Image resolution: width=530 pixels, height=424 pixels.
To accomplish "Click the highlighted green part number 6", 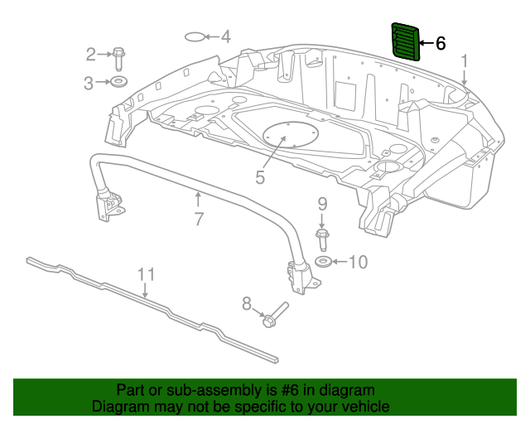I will [x=405, y=41].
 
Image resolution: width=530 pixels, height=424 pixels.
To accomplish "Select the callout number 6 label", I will [x=441, y=43].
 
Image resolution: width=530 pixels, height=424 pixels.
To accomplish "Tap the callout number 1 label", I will [x=465, y=60].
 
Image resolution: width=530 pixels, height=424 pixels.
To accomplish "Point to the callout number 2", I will [x=91, y=55].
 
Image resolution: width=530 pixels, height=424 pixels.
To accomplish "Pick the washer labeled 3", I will [x=119, y=82].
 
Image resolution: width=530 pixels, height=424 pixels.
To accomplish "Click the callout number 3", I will [x=89, y=82].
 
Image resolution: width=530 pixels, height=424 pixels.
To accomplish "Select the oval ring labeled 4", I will [x=193, y=36].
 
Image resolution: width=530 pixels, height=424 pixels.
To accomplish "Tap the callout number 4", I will [x=224, y=36].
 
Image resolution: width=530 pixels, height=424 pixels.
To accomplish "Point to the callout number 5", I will [x=260, y=176].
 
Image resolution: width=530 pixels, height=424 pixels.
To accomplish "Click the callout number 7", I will [x=199, y=219].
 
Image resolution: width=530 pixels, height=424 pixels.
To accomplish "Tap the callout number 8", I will [x=247, y=305].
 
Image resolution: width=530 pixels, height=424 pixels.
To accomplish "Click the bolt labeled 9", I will [x=322, y=239].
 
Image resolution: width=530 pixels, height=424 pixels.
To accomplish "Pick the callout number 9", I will [x=322, y=204].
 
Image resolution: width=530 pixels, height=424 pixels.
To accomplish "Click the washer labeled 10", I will [x=325, y=263].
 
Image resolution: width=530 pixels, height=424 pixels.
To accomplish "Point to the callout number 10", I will [x=357, y=263].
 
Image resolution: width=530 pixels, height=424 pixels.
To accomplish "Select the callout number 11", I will [x=146, y=274].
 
